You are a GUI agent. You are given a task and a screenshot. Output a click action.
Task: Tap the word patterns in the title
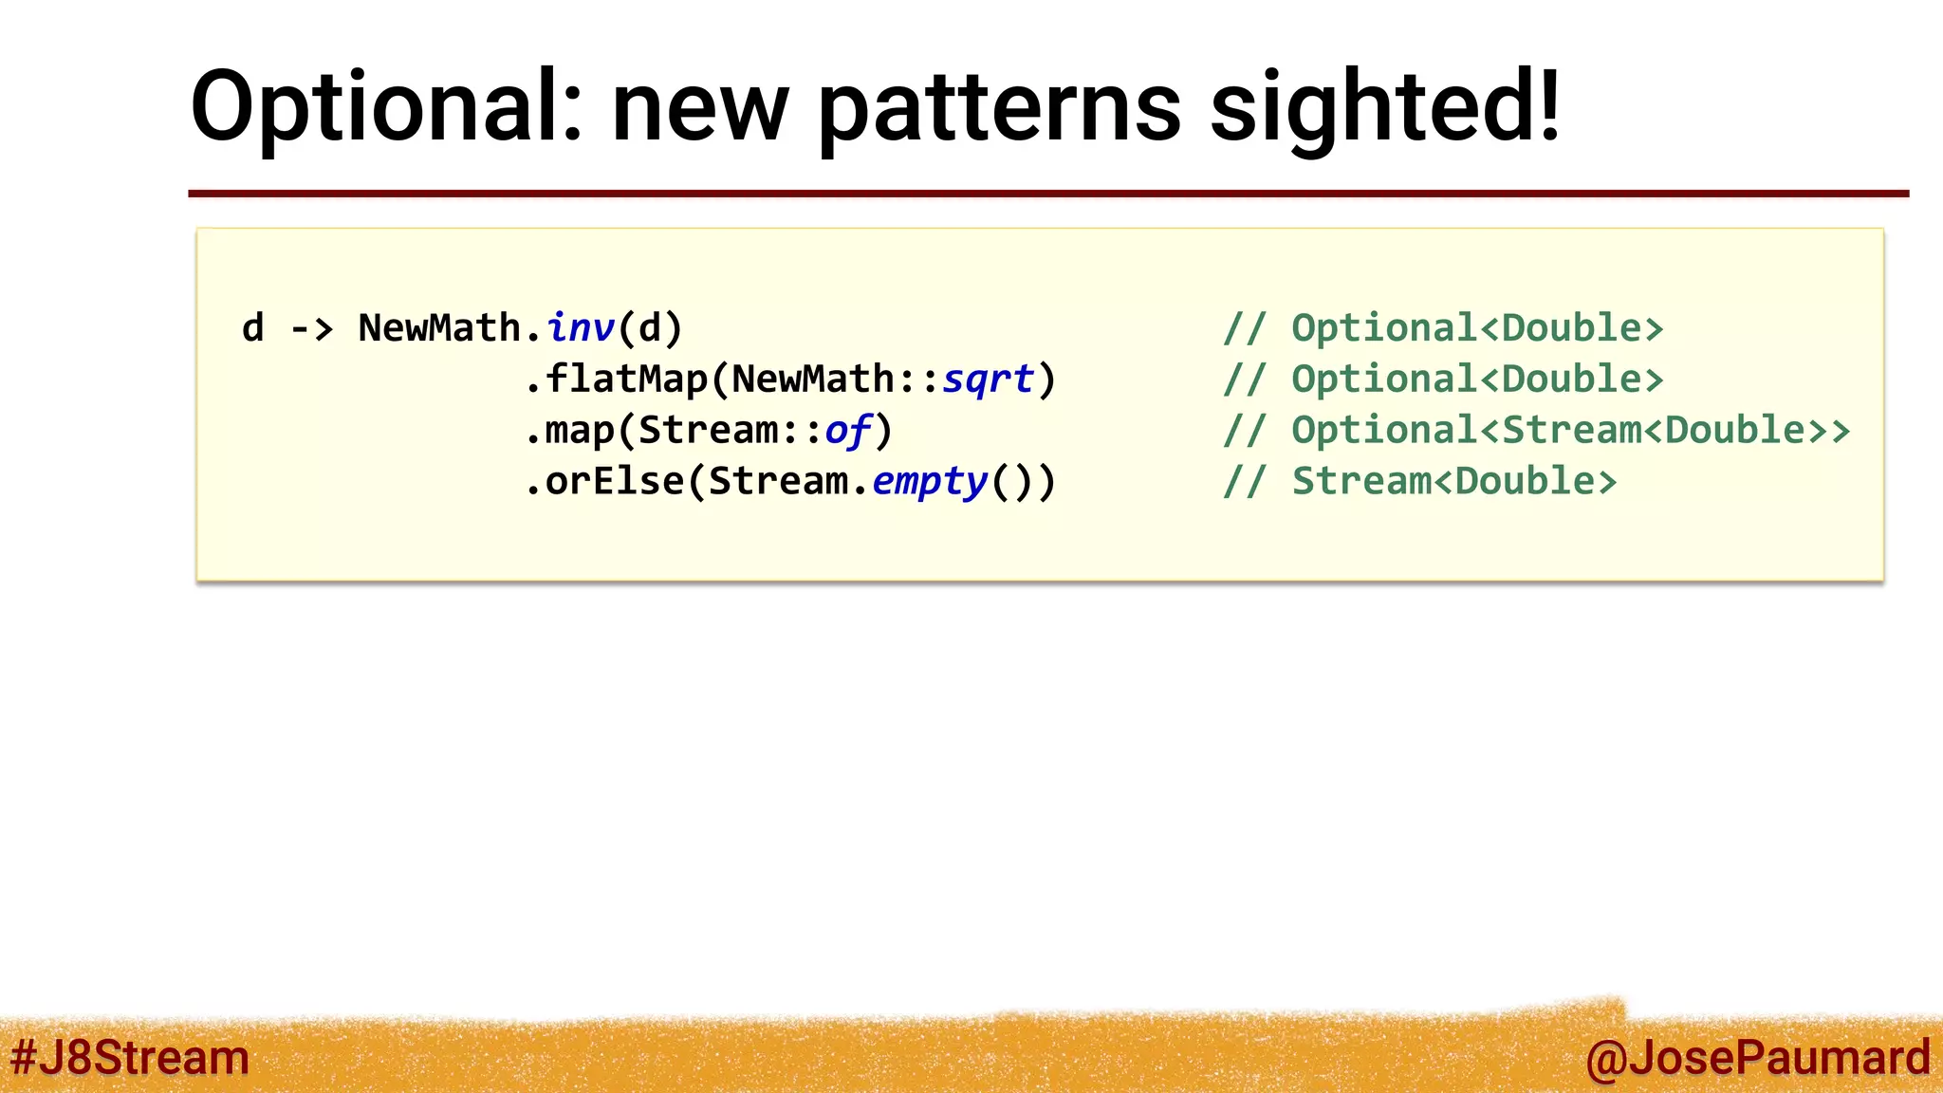[x=1000, y=106]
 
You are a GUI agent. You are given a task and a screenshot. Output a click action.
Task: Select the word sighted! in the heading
[x=1385, y=106]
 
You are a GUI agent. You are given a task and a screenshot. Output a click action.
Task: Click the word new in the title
[x=700, y=106]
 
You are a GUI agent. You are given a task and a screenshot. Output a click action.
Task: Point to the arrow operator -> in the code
[x=311, y=328]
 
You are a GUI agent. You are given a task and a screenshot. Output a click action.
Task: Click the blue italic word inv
[x=581, y=328]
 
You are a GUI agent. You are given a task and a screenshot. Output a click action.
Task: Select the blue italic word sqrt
[x=988, y=380]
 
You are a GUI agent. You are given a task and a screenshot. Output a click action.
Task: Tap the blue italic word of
[x=847, y=431]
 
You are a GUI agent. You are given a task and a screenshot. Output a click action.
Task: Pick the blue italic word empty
[x=930, y=482]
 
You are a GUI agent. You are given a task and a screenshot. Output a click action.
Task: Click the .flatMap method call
[x=617, y=380]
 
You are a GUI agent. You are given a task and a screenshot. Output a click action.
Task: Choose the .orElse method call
[x=604, y=482]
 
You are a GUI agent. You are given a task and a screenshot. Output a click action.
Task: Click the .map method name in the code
[x=569, y=431]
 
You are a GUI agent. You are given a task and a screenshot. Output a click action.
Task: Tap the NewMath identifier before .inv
[x=439, y=328]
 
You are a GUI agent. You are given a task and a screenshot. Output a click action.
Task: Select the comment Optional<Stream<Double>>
[x=1570, y=431]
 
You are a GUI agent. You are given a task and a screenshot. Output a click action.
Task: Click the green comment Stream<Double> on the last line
[x=1454, y=482]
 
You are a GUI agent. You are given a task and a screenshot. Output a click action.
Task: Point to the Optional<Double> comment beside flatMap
[x=1477, y=380]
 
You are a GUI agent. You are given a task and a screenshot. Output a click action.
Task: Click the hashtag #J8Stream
[x=130, y=1057]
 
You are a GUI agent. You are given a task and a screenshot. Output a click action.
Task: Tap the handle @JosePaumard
[x=1757, y=1057]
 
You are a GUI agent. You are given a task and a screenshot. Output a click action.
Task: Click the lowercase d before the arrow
[x=252, y=328]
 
